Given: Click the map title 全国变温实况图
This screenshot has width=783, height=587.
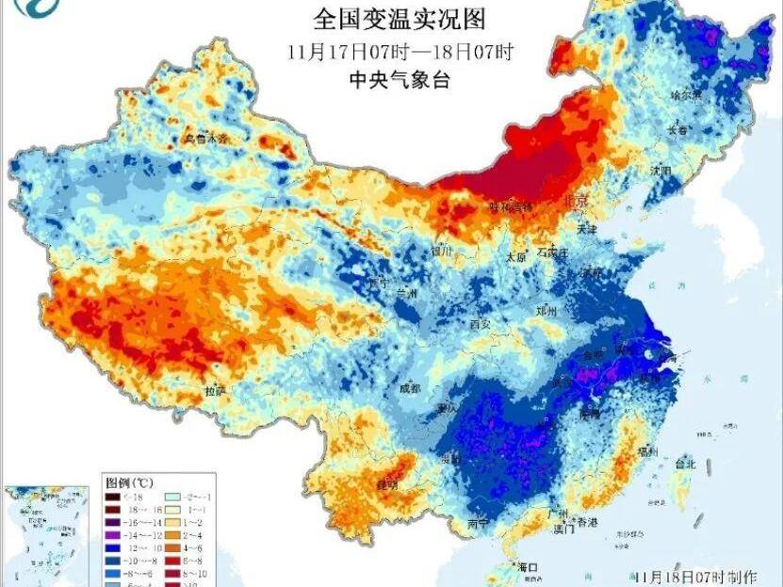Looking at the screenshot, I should (404, 19).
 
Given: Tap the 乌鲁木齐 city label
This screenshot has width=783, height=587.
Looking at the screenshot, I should (206, 139).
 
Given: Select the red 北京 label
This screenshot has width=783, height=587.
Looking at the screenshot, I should (575, 201).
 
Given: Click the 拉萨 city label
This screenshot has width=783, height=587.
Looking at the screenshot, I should (215, 390).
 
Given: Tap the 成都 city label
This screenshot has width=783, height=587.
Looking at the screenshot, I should (409, 387).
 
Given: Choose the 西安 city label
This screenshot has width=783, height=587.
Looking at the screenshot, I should (481, 323).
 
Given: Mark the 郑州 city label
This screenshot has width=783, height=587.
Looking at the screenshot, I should (546, 309).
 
